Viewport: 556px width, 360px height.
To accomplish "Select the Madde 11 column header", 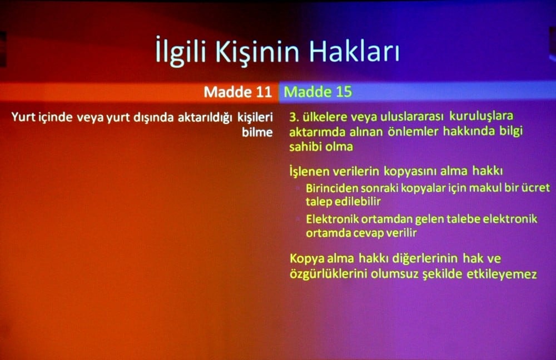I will pos(237,92).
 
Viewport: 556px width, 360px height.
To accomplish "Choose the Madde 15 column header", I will pos(318,92).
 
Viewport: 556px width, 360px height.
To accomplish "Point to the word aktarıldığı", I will pos(201,118).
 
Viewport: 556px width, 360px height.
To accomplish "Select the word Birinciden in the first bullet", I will pos(332,188).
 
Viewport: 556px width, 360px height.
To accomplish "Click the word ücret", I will pos(535,188).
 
